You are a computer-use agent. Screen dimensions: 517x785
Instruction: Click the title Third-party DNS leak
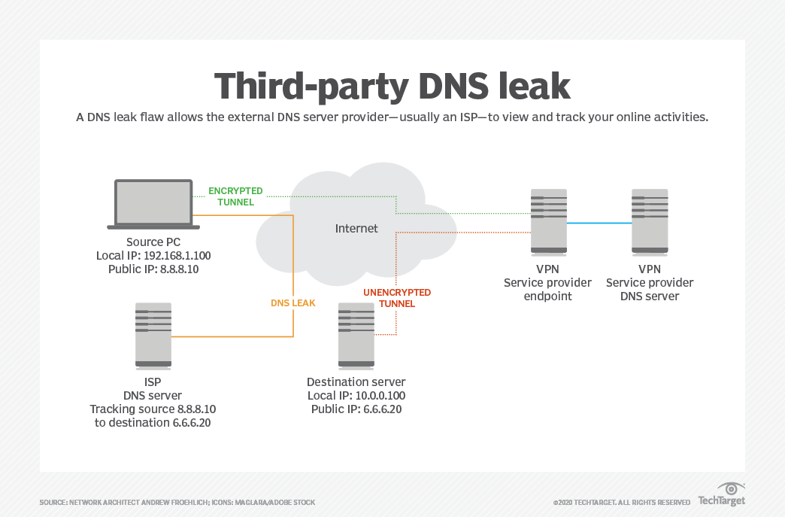click(x=392, y=86)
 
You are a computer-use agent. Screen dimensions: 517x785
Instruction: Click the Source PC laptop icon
click(x=153, y=204)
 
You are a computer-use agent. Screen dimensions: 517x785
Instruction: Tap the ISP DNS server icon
click(x=153, y=336)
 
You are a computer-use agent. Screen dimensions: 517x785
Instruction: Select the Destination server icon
click(x=356, y=336)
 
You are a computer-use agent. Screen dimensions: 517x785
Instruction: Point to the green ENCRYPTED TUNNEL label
click(x=235, y=196)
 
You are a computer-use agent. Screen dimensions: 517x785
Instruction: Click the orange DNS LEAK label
click(x=293, y=303)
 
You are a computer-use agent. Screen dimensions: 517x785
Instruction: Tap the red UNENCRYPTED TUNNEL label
click(x=397, y=298)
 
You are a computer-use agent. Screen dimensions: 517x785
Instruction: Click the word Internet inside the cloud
click(x=356, y=228)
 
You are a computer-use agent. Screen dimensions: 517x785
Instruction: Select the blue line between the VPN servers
click(x=599, y=223)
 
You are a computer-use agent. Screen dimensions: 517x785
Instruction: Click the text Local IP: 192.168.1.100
click(x=153, y=255)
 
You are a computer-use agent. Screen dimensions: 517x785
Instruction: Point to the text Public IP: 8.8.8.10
click(x=153, y=269)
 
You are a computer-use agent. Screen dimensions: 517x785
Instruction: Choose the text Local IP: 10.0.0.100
click(x=356, y=396)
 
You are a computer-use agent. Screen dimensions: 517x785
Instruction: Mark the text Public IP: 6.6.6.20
click(x=356, y=409)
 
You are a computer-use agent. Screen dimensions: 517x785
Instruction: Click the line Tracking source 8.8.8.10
click(x=153, y=409)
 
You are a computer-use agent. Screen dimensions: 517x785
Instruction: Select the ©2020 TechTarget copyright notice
click(x=621, y=502)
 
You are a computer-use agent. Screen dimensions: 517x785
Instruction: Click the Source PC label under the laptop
click(x=153, y=242)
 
